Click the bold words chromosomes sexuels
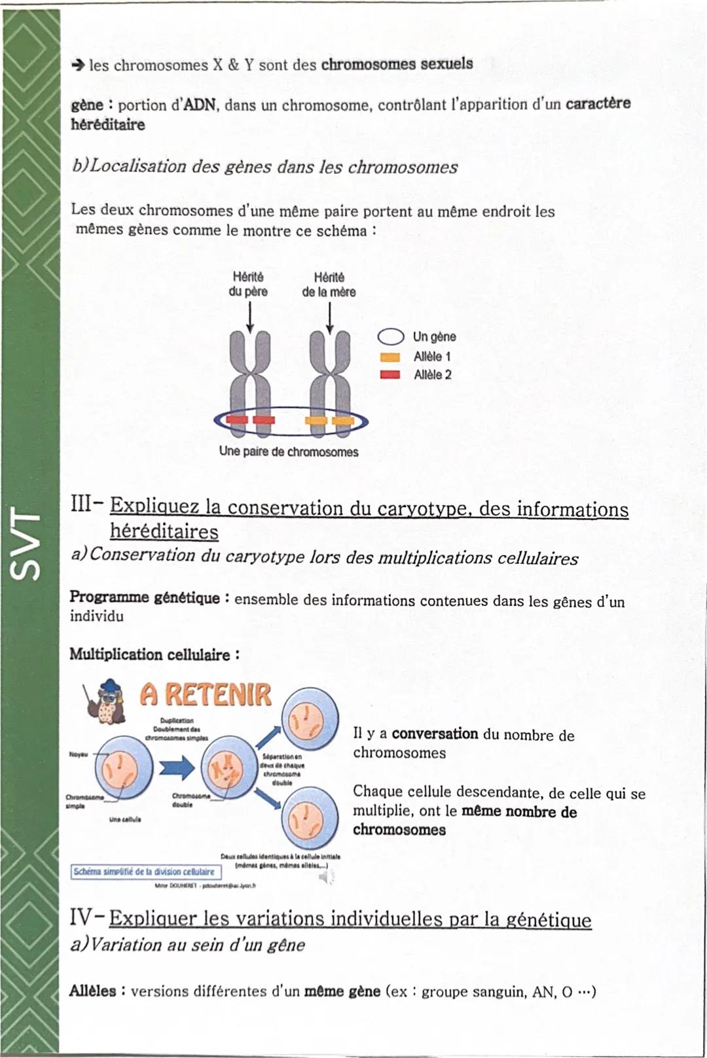tap(397, 64)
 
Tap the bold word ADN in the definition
tap(200, 105)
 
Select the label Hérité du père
tap(248, 285)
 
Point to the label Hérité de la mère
tap(329, 285)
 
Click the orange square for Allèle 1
tap(390, 357)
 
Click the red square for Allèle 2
tap(390, 375)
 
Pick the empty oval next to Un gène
tap(391, 337)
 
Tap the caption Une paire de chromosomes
tap(289, 452)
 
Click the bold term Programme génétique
tap(145, 597)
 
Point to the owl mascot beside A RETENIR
tap(108, 704)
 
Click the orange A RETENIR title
tap(206, 695)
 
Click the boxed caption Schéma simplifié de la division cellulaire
tap(145, 872)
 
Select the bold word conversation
tap(435, 734)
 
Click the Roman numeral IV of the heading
tap(82, 917)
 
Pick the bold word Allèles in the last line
tap(93, 991)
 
